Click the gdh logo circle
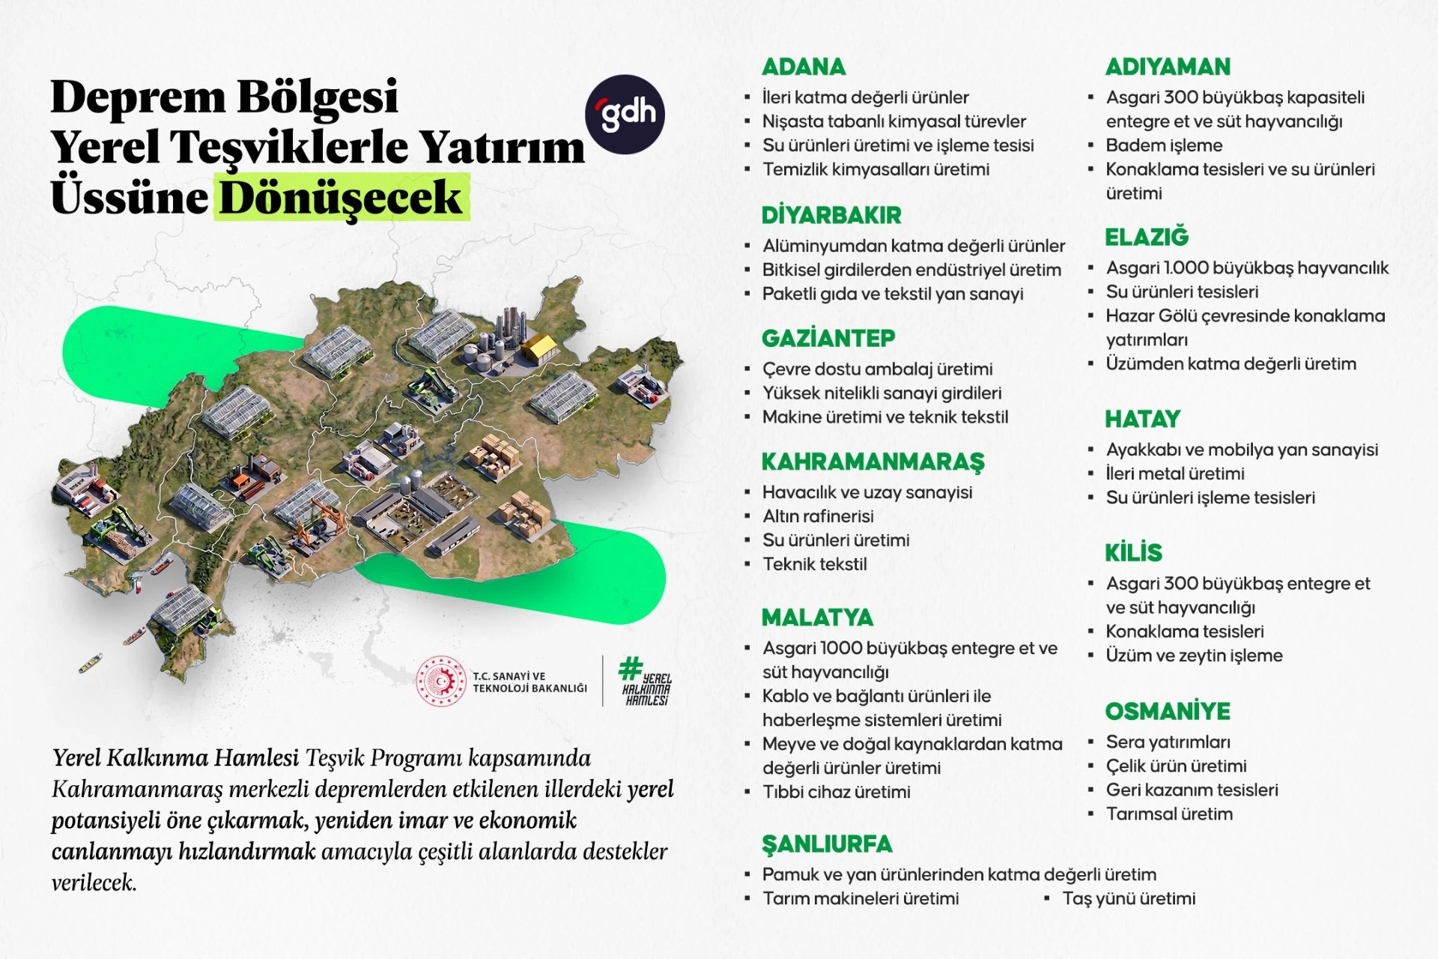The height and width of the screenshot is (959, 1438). [x=625, y=115]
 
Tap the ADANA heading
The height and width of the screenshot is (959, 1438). [x=804, y=67]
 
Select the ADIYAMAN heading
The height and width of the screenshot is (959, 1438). [x=1168, y=67]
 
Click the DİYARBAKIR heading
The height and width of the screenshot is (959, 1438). [x=831, y=215]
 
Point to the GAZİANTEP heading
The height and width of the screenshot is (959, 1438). [x=828, y=338]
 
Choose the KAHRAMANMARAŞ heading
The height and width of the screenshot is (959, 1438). [x=873, y=462]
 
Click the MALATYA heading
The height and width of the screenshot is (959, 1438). [x=817, y=617]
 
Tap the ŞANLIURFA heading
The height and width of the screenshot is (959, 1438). [x=827, y=844]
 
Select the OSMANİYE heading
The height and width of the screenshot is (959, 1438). [x=1168, y=711]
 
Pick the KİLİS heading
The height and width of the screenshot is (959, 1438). [x=1133, y=553]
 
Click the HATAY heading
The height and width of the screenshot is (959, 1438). [x=1142, y=419]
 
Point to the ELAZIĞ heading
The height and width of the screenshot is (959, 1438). [x=1147, y=237]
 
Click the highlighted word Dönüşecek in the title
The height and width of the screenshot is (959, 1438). [x=342, y=197]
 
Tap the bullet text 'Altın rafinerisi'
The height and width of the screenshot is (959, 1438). [x=818, y=516]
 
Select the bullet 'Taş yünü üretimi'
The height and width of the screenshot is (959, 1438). [x=1129, y=898]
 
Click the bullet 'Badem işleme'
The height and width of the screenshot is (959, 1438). [x=1164, y=145]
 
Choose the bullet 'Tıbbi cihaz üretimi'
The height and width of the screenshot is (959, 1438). [x=836, y=792]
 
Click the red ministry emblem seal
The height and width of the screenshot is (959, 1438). [x=441, y=681]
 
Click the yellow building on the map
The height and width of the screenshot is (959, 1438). [x=539, y=347]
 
